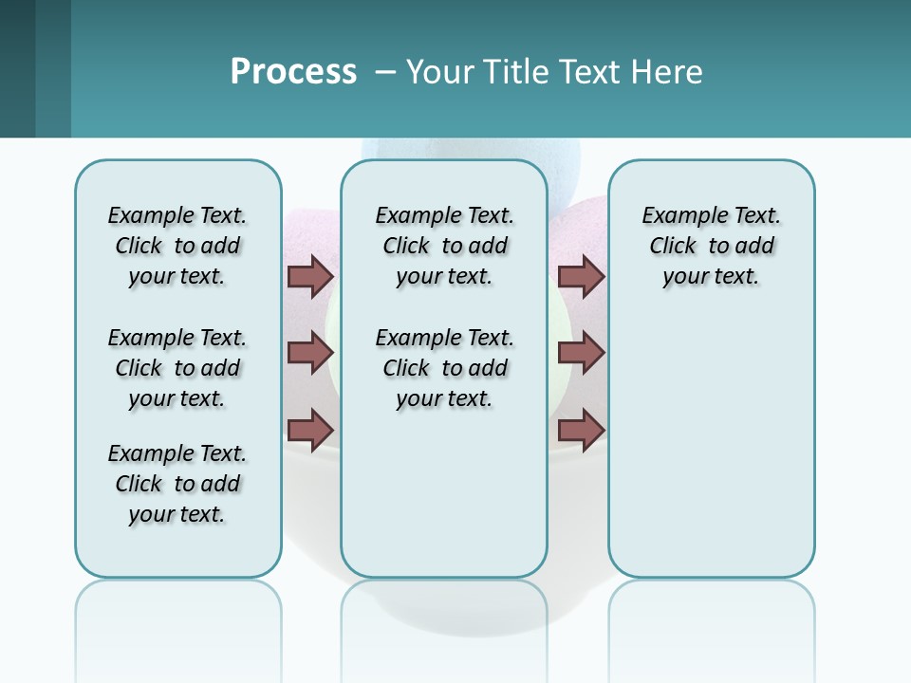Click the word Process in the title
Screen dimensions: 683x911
[x=293, y=72]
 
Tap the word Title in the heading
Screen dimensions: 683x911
[x=514, y=72]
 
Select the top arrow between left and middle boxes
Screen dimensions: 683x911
[x=310, y=277]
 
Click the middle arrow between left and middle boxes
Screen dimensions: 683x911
[x=310, y=353]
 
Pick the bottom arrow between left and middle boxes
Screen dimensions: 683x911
[x=310, y=430]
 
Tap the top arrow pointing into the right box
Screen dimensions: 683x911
[x=581, y=277]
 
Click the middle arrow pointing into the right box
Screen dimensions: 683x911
[x=581, y=353]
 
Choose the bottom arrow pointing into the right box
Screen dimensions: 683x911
[x=581, y=430]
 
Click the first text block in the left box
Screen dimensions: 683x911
[x=177, y=246]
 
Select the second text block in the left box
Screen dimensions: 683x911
[x=177, y=368]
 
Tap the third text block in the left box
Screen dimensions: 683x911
[x=177, y=484]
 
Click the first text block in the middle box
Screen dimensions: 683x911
[x=444, y=246]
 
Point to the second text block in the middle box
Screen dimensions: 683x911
[x=444, y=368]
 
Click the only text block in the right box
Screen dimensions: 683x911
[x=711, y=246]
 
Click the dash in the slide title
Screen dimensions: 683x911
[x=385, y=73]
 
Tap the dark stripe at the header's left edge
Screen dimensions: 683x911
[x=17, y=68]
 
